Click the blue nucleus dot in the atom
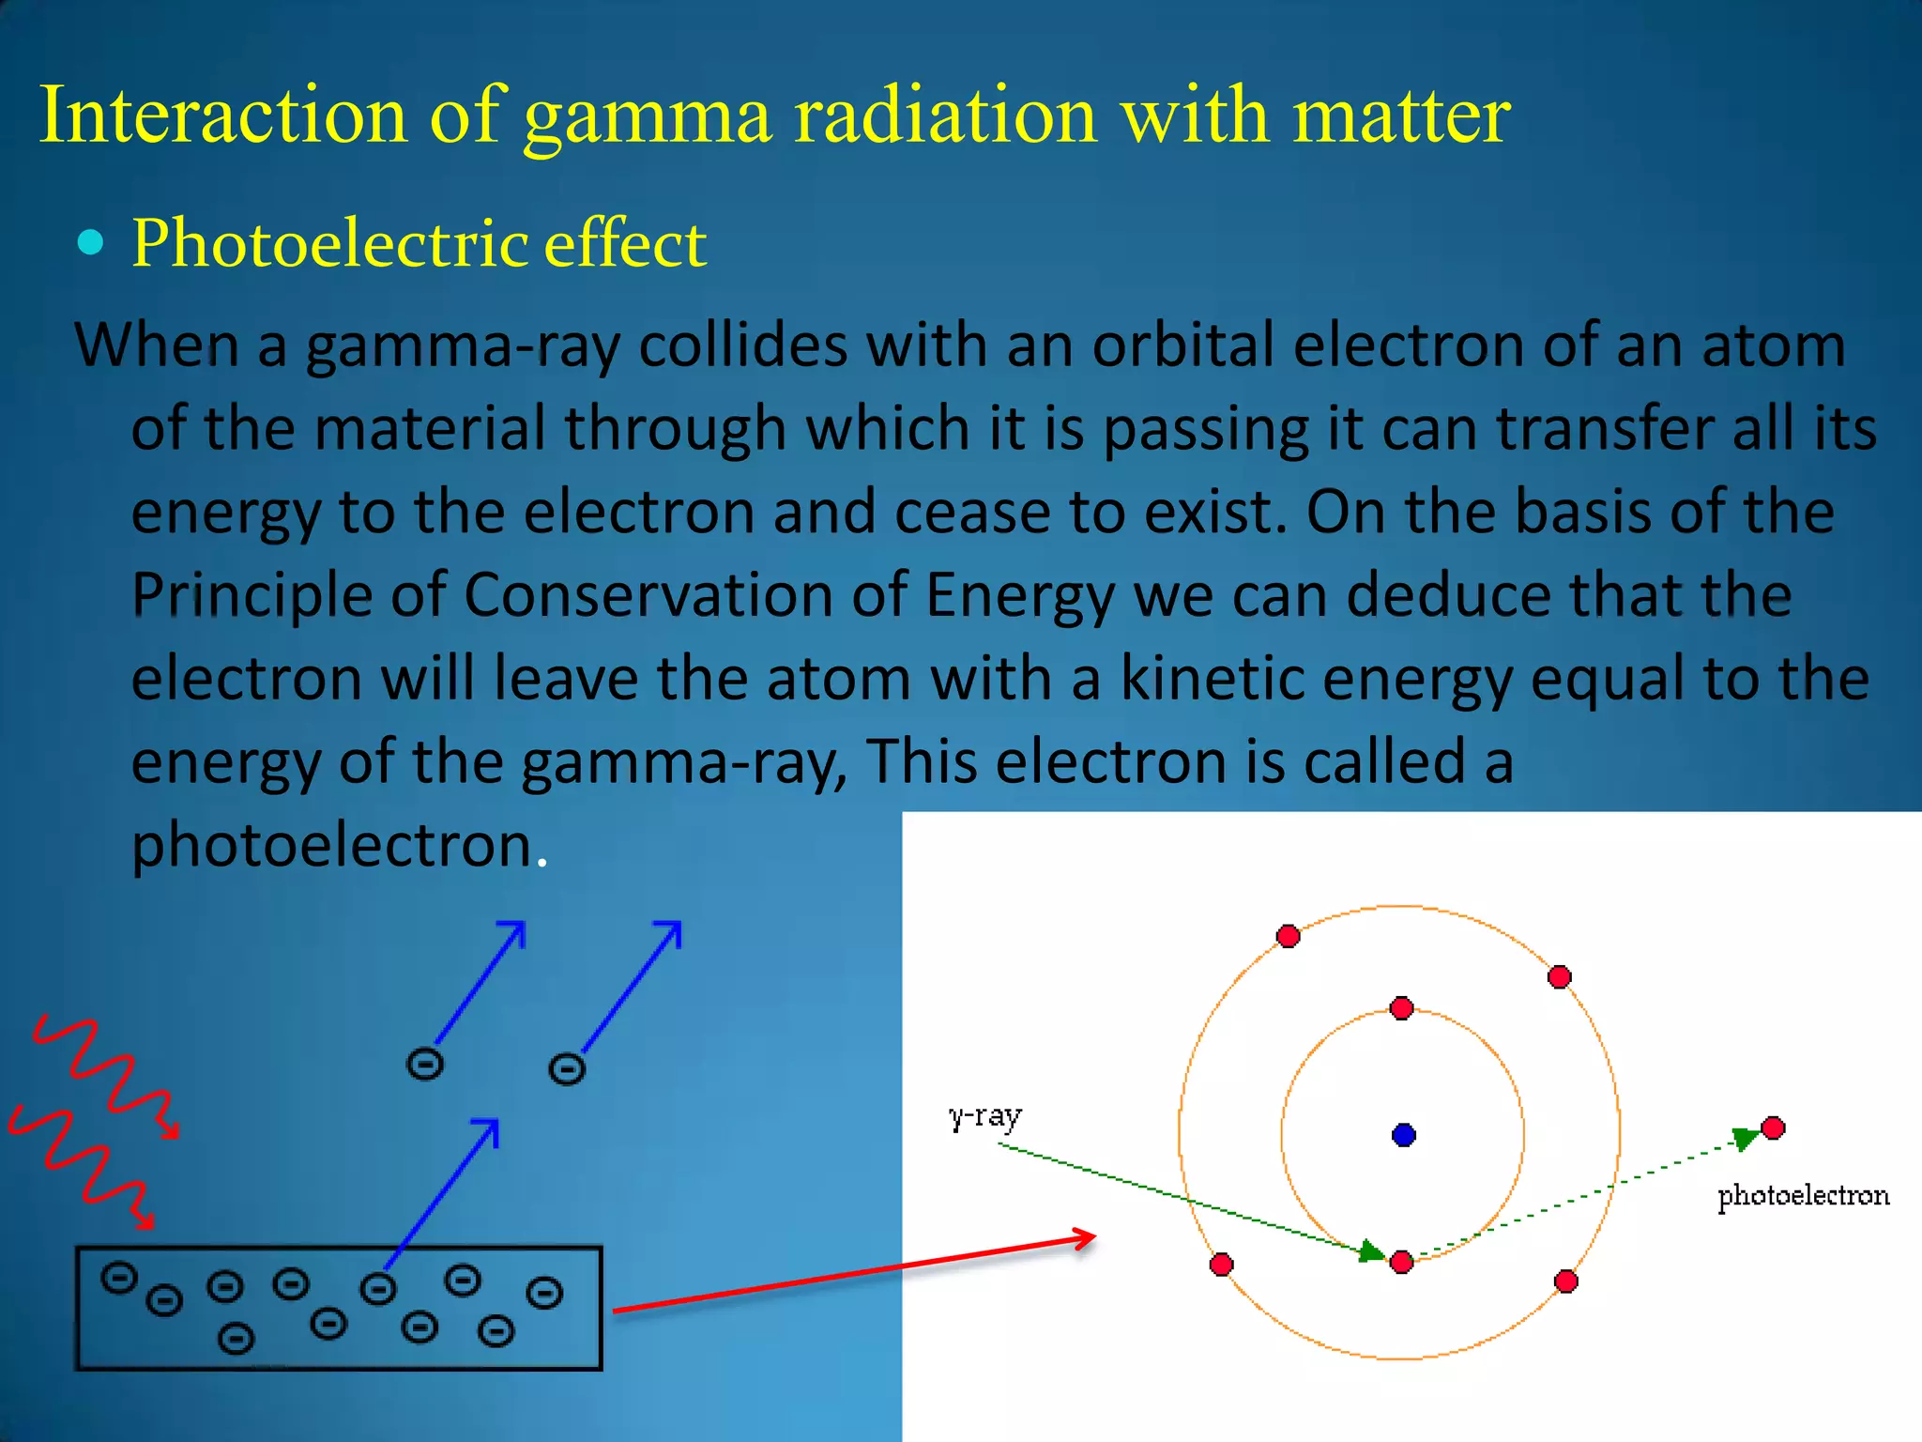1403,1135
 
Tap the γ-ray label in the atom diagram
984,1116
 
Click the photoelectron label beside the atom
1803,1196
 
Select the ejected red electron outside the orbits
1773,1128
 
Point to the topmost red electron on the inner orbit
1401,1008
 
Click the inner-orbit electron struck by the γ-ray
1401,1262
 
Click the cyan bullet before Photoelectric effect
91,243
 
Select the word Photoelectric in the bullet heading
328,244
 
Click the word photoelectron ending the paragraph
332,844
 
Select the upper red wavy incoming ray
103,1070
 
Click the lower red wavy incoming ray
80,1164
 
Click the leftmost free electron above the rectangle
424,1065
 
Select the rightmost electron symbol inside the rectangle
544,1293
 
